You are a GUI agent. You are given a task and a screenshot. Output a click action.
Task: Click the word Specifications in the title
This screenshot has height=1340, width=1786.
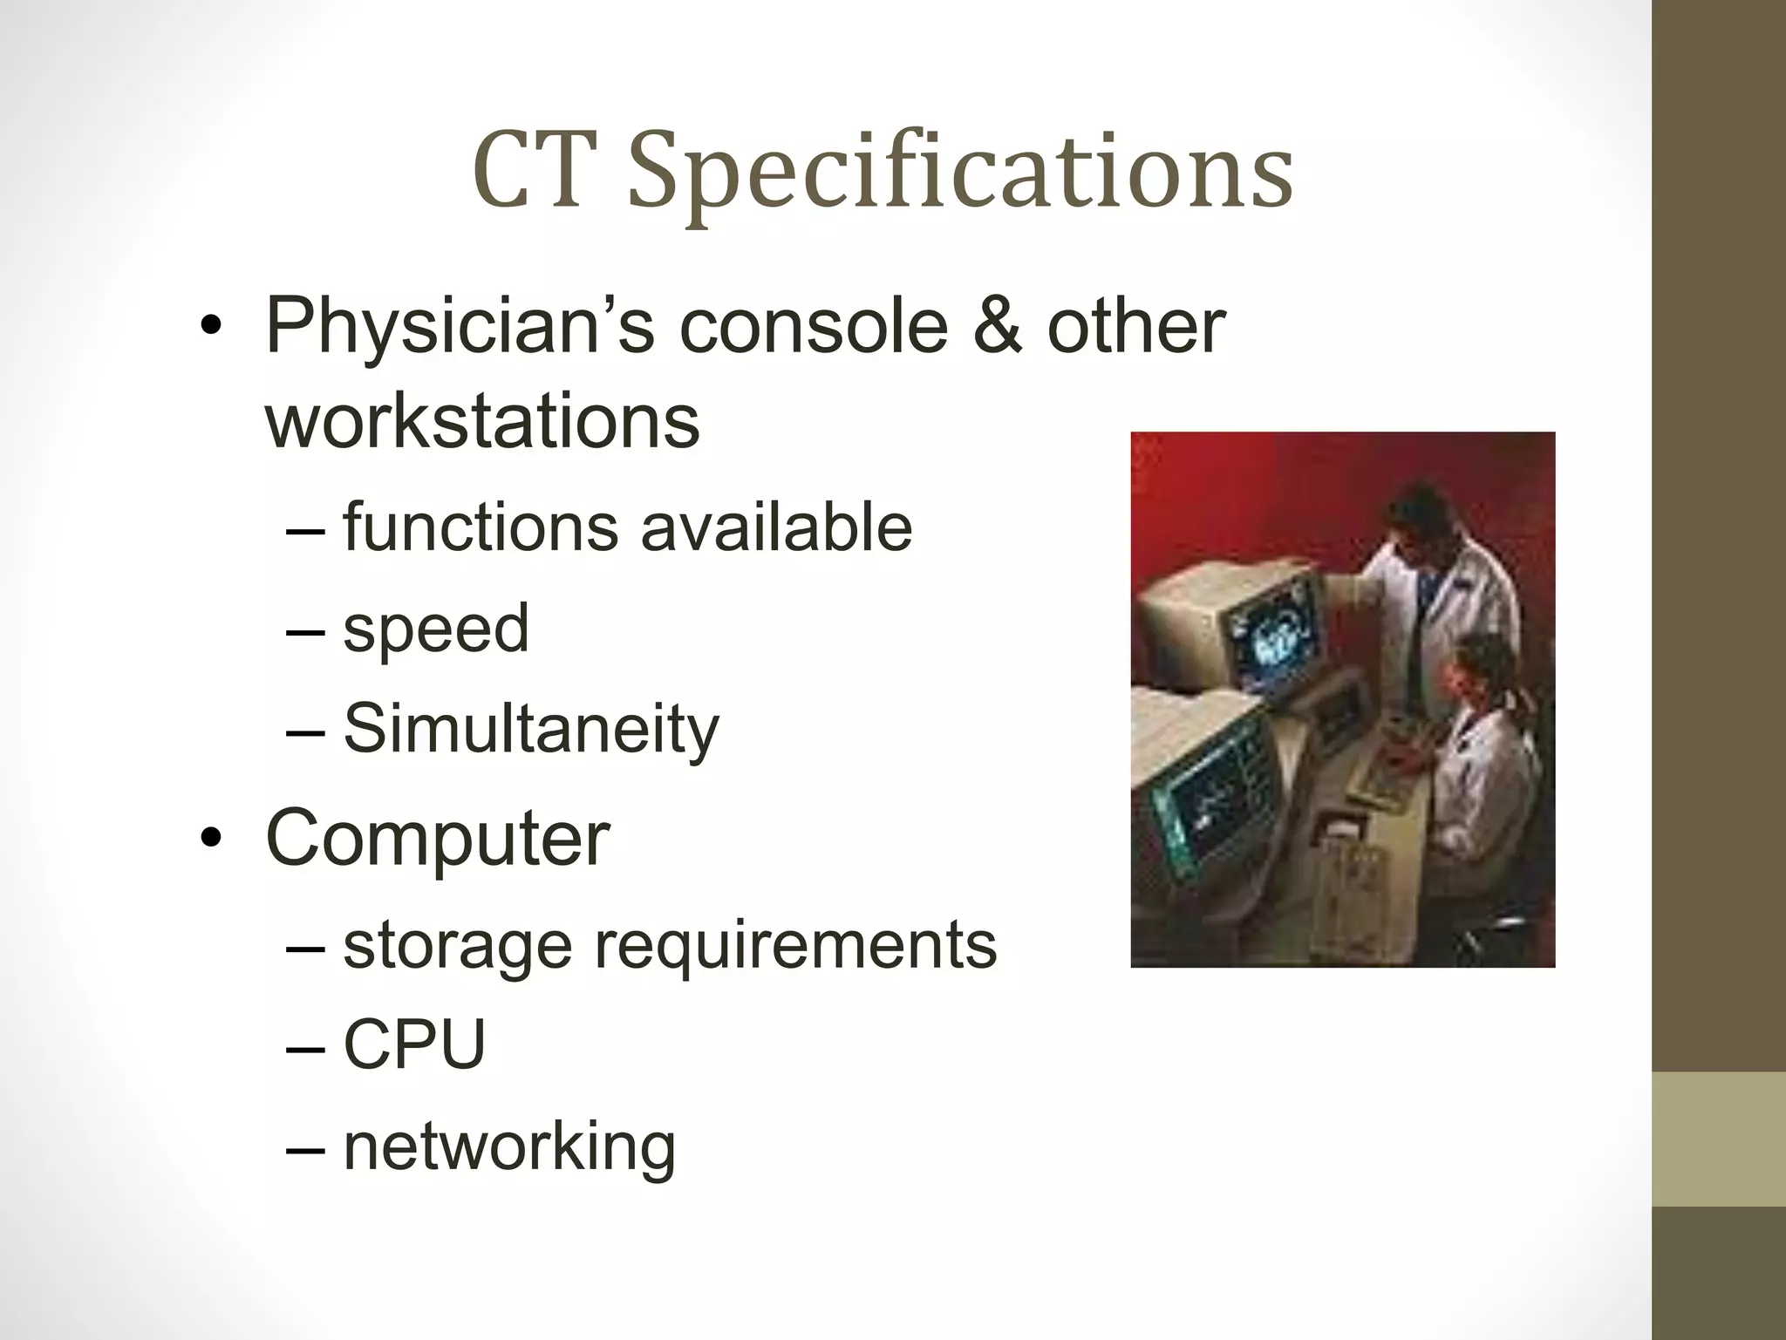click(959, 174)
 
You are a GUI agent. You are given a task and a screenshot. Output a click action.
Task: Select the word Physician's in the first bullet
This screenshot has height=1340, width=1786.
click(460, 328)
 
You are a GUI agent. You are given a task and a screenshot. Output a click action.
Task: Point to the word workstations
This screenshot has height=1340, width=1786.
click(482, 422)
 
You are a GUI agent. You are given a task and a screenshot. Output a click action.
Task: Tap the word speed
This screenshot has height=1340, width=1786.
click(436, 629)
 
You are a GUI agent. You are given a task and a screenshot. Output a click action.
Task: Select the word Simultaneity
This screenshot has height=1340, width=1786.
click(531, 729)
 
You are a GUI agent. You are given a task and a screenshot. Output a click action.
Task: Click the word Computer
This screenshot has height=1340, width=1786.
click(437, 839)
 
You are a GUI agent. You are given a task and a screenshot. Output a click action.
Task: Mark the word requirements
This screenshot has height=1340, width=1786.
click(794, 945)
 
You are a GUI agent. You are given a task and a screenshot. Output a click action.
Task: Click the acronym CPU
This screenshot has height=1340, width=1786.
click(414, 1044)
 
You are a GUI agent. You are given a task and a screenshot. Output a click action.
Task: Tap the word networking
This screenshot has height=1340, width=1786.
click(509, 1147)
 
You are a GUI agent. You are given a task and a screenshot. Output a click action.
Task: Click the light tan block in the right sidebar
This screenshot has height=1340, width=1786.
click(1719, 1139)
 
